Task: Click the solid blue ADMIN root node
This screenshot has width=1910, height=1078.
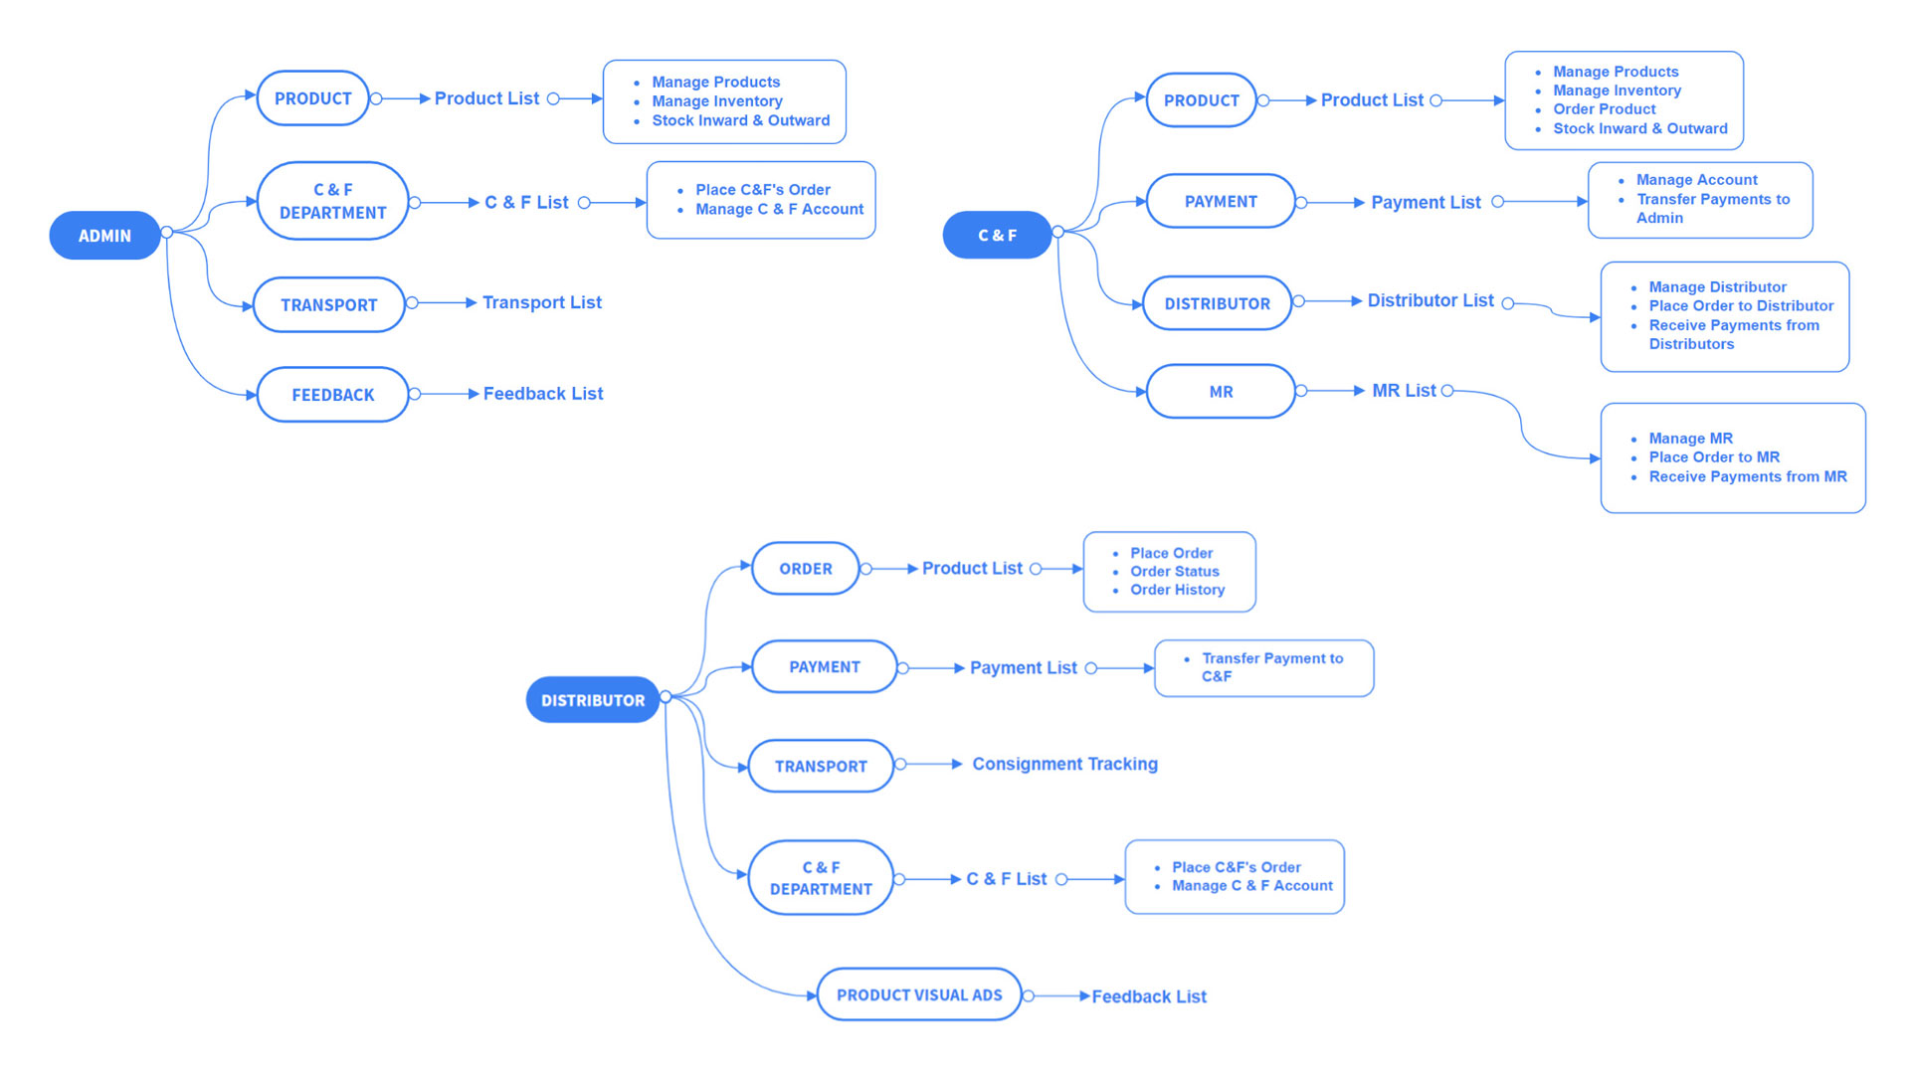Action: point(104,236)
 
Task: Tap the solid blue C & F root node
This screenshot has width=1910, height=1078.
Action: point(997,236)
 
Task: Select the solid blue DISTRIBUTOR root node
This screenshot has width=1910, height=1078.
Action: point(592,700)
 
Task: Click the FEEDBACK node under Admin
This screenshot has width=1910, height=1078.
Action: point(332,395)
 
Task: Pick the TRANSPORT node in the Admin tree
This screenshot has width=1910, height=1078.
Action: point(328,304)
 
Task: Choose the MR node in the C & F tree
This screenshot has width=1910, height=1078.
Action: point(1221,392)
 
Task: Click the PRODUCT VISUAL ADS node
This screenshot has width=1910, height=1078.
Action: point(918,994)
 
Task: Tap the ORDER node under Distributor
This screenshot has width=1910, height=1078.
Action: point(805,569)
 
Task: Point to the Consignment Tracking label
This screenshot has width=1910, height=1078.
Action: point(1064,764)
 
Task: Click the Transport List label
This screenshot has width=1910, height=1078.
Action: point(542,302)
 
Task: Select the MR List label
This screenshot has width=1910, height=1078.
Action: point(1404,391)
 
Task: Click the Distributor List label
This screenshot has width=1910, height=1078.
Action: point(1430,300)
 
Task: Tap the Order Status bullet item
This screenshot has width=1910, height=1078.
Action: point(1174,572)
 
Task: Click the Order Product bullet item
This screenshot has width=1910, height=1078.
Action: point(1604,109)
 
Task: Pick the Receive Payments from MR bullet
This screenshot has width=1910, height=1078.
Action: point(1747,477)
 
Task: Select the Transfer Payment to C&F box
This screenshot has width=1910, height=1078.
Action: point(1263,667)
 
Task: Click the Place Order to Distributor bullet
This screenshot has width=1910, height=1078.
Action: point(1741,306)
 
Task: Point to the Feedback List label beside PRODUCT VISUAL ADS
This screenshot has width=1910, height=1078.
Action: point(1149,996)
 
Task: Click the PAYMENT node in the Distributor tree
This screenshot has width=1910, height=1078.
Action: point(824,667)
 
